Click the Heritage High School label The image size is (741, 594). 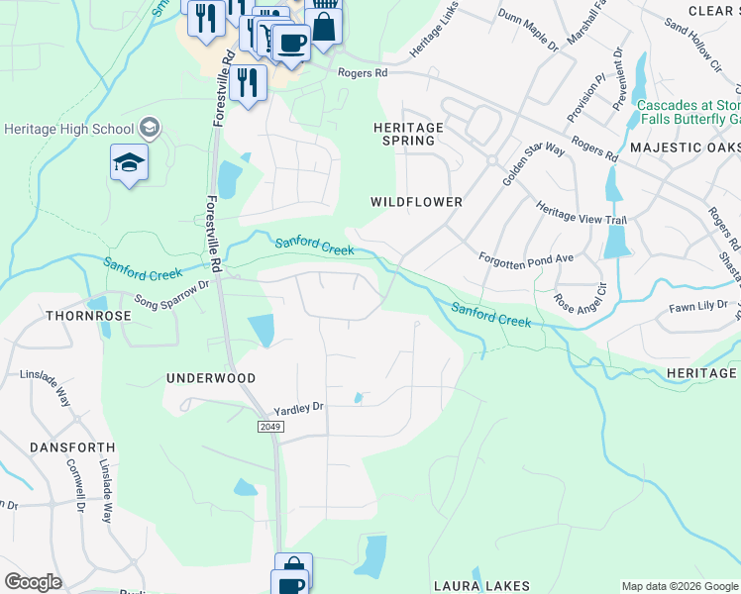(x=69, y=129)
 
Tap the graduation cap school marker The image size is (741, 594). (x=129, y=163)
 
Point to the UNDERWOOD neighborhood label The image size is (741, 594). (x=211, y=378)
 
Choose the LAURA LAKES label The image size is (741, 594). (x=481, y=586)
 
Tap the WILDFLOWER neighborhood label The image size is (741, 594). (x=416, y=202)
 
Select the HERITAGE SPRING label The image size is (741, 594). (x=408, y=135)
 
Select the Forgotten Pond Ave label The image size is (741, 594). (x=526, y=257)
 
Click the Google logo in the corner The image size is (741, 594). (x=33, y=582)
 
